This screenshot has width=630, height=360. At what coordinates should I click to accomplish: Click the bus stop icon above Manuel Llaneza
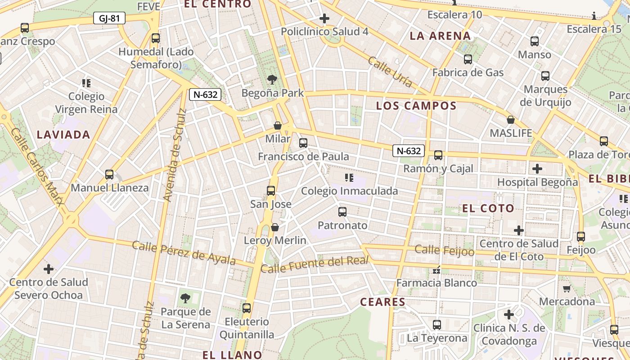pyautogui.click(x=109, y=174)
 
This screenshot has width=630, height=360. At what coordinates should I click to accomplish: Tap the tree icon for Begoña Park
pyautogui.click(x=272, y=80)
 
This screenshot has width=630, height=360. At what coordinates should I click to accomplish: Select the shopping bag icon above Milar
pyautogui.click(x=278, y=125)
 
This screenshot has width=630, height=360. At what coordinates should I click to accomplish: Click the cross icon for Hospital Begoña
pyautogui.click(x=537, y=169)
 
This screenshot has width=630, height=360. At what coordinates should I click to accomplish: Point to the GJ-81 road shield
pyautogui.click(x=109, y=18)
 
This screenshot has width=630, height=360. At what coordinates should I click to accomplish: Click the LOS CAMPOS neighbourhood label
pyautogui.click(x=416, y=106)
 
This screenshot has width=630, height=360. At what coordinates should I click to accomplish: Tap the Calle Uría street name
pyautogui.click(x=390, y=71)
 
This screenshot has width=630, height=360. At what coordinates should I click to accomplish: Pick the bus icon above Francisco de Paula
pyautogui.click(x=303, y=143)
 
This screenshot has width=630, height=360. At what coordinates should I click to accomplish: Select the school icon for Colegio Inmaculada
pyautogui.click(x=349, y=178)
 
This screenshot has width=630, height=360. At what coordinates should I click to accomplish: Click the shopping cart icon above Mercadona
pyautogui.click(x=567, y=288)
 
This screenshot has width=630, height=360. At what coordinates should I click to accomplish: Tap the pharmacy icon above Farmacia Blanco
pyautogui.click(x=436, y=270)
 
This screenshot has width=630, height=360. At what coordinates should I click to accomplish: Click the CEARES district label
pyautogui.click(x=383, y=301)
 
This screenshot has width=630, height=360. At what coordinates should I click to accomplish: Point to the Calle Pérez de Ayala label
pyautogui.click(x=184, y=253)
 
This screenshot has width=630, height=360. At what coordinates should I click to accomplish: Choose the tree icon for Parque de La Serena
pyautogui.click(x=185, y=298)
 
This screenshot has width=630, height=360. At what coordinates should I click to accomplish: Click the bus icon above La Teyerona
pyautogui.click(x=436, y=324)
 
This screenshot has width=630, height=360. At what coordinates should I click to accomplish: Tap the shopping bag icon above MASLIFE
pyautogui.click(x=510, y=120)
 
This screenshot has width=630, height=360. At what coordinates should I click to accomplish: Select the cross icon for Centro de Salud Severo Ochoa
pyautogui.click(x=49, y=269)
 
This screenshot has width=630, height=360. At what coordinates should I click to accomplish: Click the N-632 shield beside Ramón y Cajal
pyautogui.click(x=409, y=151)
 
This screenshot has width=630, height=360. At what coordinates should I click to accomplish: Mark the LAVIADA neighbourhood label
pyautogui.click(x=63, y=134)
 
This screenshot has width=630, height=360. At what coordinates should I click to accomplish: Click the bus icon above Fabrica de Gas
pyautogui.click(x=468, y=59)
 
